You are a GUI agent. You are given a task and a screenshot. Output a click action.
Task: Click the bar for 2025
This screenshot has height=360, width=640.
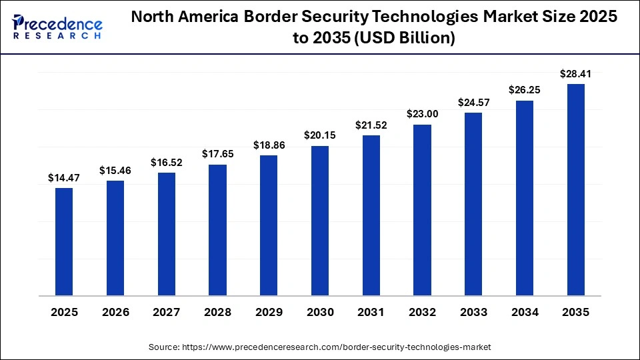coord(64,241)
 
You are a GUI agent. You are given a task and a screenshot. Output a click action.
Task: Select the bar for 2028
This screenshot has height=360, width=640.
coord(217,230)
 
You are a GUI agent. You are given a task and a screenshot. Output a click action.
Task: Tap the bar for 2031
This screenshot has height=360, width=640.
coord(371,215)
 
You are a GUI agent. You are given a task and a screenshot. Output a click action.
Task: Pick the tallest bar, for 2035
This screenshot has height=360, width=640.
coord(575,190)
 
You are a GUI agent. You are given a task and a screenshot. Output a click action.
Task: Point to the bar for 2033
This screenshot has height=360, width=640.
coord(473,204)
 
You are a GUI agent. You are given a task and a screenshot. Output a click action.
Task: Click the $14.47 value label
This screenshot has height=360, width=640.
coord(64,178)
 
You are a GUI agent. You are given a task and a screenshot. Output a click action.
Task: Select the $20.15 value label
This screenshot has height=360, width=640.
coord(319,136)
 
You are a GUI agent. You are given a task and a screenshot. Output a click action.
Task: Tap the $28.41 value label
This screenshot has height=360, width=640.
coord(575,74)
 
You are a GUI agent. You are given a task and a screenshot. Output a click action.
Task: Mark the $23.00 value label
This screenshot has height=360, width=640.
coord(422,114)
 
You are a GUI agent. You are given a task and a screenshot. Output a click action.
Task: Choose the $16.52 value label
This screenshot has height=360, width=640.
coord(166,162)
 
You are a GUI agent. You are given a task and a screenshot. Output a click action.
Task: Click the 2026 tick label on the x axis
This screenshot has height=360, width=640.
coord(115,313)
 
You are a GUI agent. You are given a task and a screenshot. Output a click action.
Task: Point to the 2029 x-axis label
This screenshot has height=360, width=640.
coord(269,313)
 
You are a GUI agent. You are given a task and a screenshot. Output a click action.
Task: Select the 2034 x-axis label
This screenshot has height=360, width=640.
coord(524,313)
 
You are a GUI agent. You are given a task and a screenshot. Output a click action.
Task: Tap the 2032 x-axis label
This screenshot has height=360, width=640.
coord(422,313)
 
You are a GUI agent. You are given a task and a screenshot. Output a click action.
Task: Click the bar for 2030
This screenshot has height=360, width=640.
coord(319,221)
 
